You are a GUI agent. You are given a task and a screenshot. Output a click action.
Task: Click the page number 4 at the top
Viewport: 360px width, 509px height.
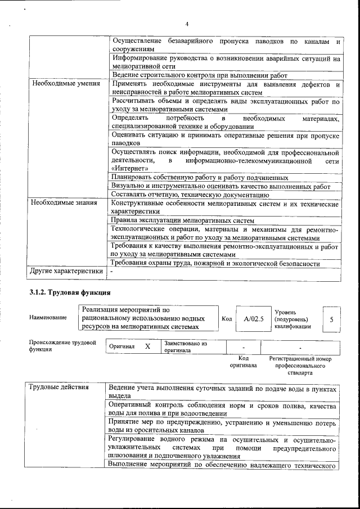(187, 23)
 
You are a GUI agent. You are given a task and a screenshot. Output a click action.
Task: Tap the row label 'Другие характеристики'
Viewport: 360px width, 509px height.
(66, 272)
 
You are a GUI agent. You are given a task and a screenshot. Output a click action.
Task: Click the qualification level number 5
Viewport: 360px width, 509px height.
(331, 319)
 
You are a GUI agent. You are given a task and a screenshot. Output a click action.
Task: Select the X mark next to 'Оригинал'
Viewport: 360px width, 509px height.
(147, 346)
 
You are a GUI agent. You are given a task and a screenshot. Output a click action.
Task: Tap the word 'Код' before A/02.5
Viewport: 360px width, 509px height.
(227, 319)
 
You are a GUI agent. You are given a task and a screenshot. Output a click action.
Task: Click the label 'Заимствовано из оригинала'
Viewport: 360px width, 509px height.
(186, 346)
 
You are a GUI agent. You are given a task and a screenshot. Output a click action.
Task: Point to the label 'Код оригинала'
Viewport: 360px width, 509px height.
(243, 362)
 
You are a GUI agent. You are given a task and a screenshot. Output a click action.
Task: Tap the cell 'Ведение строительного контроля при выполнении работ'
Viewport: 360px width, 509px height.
(200, 75)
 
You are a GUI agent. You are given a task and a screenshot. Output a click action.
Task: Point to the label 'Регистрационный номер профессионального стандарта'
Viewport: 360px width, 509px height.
(300, 365)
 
